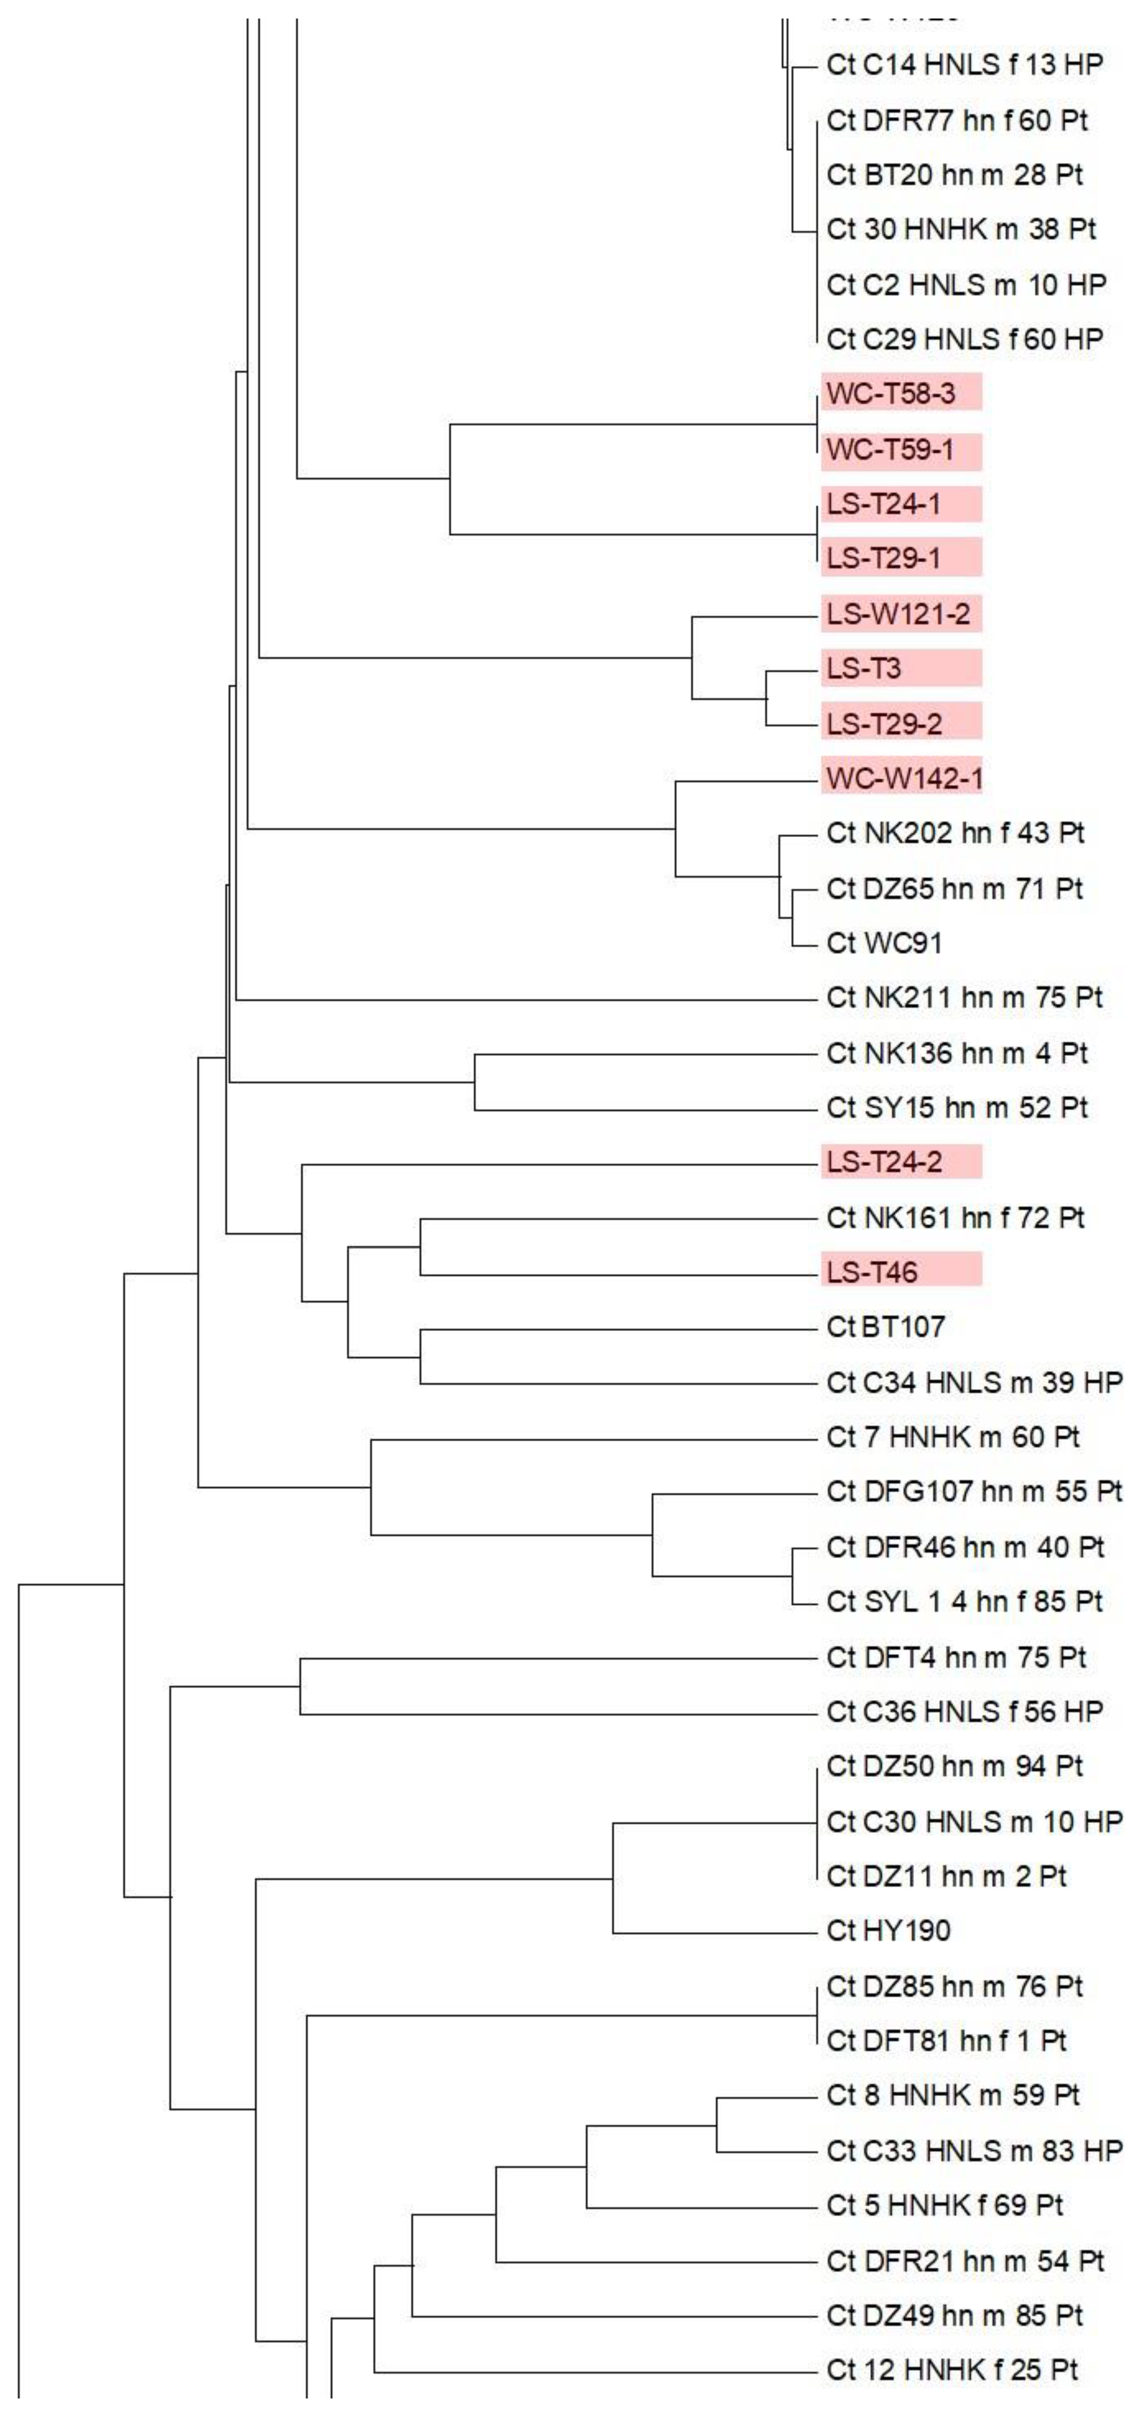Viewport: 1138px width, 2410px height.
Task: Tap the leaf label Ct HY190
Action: tap(888, 1930)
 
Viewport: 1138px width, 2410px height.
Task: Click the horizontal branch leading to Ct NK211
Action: tap(524, 1000)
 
